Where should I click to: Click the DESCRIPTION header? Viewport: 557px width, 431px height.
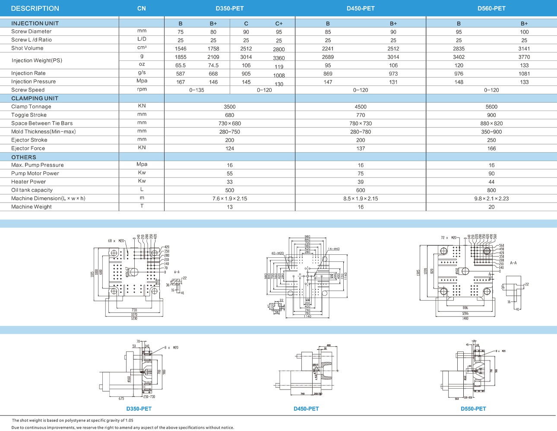point(35,9)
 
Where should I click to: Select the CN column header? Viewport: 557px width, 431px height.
point(142,9)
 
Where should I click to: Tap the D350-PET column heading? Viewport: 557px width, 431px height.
point(230,9)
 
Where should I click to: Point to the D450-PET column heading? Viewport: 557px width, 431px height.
point(361,9)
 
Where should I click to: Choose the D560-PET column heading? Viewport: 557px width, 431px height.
point(491,9)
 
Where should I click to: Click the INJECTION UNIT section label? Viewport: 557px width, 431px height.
point(35,23)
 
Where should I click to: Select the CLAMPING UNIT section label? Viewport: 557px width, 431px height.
point(35,98)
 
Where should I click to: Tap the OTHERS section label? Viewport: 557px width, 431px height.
point(24,157)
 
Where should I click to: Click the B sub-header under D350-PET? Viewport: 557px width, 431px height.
point(180,24)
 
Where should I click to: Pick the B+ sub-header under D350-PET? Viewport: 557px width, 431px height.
point(213,24)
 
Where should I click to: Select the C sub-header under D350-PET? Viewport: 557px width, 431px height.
point(246,24)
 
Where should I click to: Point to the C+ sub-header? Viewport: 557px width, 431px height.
point(279,24)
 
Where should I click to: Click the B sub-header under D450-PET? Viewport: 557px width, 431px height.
point(328,24)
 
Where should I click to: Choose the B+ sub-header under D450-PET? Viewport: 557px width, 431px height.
point(393,24)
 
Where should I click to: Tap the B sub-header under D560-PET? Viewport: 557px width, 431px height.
point(459,24)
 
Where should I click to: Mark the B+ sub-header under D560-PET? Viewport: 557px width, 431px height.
point(524,24)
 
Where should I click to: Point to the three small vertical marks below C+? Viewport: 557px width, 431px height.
point(279,88)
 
